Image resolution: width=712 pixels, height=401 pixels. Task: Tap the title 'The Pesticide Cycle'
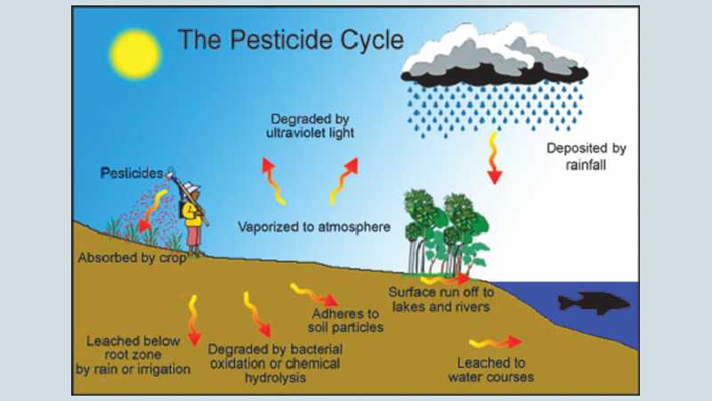[290, 39]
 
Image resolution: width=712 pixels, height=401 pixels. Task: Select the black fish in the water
[592, 303]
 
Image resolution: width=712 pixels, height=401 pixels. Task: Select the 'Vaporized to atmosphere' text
[314, 226]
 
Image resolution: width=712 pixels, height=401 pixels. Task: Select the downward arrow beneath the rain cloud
[492, 158]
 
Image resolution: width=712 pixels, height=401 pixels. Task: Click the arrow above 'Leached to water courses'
[495, 341]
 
